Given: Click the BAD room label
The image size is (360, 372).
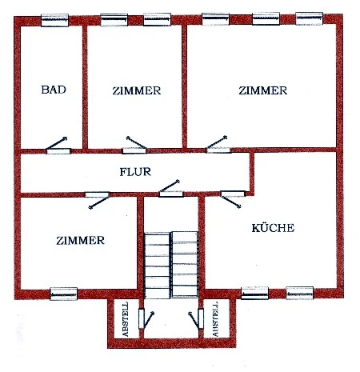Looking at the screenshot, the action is click(54, 90).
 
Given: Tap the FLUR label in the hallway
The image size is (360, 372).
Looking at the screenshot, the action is click(135, 172).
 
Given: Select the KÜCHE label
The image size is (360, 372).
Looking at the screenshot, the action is click(273, 228).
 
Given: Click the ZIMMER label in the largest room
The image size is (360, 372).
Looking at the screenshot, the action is click(263, 90).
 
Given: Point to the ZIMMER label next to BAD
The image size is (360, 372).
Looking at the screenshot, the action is click(137, 90).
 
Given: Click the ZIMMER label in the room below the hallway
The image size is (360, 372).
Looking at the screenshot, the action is click(80, 241).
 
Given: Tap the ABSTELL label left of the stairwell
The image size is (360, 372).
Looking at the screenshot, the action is click(126, 319).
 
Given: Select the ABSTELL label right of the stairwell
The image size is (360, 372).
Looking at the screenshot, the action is click(215, 319).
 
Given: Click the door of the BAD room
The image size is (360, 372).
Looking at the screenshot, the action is click(58, 146).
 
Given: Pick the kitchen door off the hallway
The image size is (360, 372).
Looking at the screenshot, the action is click(232, 198).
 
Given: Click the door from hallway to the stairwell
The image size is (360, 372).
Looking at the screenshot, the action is click(170, 189).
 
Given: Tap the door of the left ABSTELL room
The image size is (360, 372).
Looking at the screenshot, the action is click(146, 319).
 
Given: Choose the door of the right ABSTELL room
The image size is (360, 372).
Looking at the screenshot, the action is click(196, 320).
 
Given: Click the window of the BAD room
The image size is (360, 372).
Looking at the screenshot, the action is click(54, 20).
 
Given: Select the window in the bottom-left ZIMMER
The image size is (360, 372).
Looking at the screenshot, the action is click(63, 294).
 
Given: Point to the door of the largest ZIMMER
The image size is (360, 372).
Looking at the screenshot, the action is click(218, 145).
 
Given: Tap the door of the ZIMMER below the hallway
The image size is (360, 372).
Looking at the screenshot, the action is click(98, 200).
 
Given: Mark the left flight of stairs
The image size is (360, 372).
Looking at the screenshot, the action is click(157, 266).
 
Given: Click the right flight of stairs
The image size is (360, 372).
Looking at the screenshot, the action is click(185, 264).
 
